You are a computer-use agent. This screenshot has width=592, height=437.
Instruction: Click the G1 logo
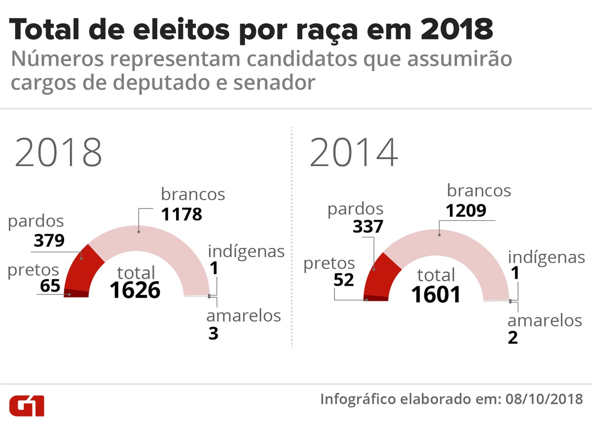pos(27,404)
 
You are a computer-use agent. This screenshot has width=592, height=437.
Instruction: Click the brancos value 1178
pos(182,214)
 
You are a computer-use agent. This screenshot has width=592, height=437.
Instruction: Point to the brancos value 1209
pos(466,210)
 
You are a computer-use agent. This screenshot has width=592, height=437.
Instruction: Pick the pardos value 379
pos(49,240)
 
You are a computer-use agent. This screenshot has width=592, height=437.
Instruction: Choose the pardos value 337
pos(369,227)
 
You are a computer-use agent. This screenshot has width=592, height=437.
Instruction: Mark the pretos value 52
pos(344,280)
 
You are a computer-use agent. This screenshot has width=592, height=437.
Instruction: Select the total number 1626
pos(135,290)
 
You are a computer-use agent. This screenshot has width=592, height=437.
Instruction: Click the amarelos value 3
pos(213,334)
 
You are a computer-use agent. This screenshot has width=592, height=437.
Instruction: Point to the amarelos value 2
pos(513,338)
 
